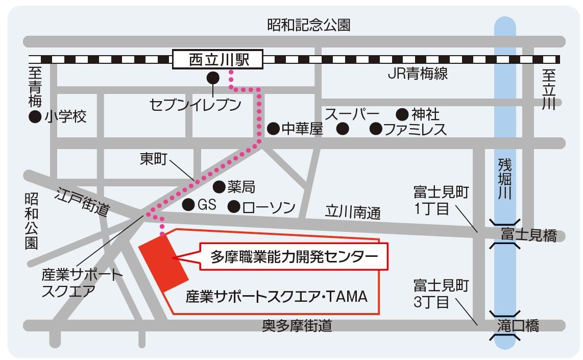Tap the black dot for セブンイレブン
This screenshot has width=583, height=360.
click(x=212, y=78)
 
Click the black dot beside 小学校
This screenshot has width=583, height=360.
click(x=35, y=117)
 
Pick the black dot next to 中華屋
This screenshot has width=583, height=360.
click(x=273, y=128)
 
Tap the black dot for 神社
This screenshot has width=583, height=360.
click(x=402, y=113)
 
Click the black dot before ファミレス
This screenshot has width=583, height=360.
click(x=376, y=128)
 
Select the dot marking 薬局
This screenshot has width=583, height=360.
click(x=218, y=186)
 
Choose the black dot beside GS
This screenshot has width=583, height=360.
click(x=188, y=205)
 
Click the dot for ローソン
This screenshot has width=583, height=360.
click(x=234, y=206)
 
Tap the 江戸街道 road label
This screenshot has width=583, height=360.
click(x=83, y=202)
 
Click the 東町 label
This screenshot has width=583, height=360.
click(x=153, y=159)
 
